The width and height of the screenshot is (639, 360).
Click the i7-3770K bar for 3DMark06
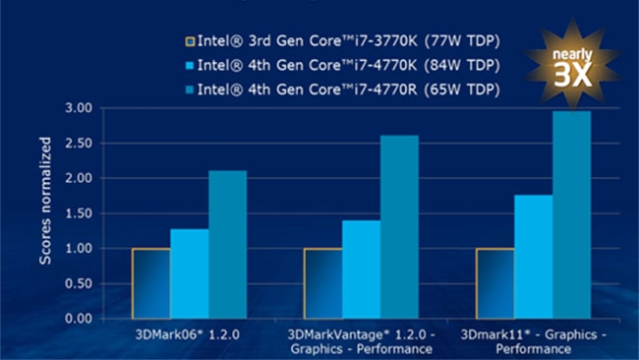(150, 283)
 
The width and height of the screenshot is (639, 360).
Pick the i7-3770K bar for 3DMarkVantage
(322, 283)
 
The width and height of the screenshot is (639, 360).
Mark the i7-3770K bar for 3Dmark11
(494, 283)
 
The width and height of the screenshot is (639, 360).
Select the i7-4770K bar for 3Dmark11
(533, 257)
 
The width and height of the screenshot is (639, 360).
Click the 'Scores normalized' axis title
(45, 213)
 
